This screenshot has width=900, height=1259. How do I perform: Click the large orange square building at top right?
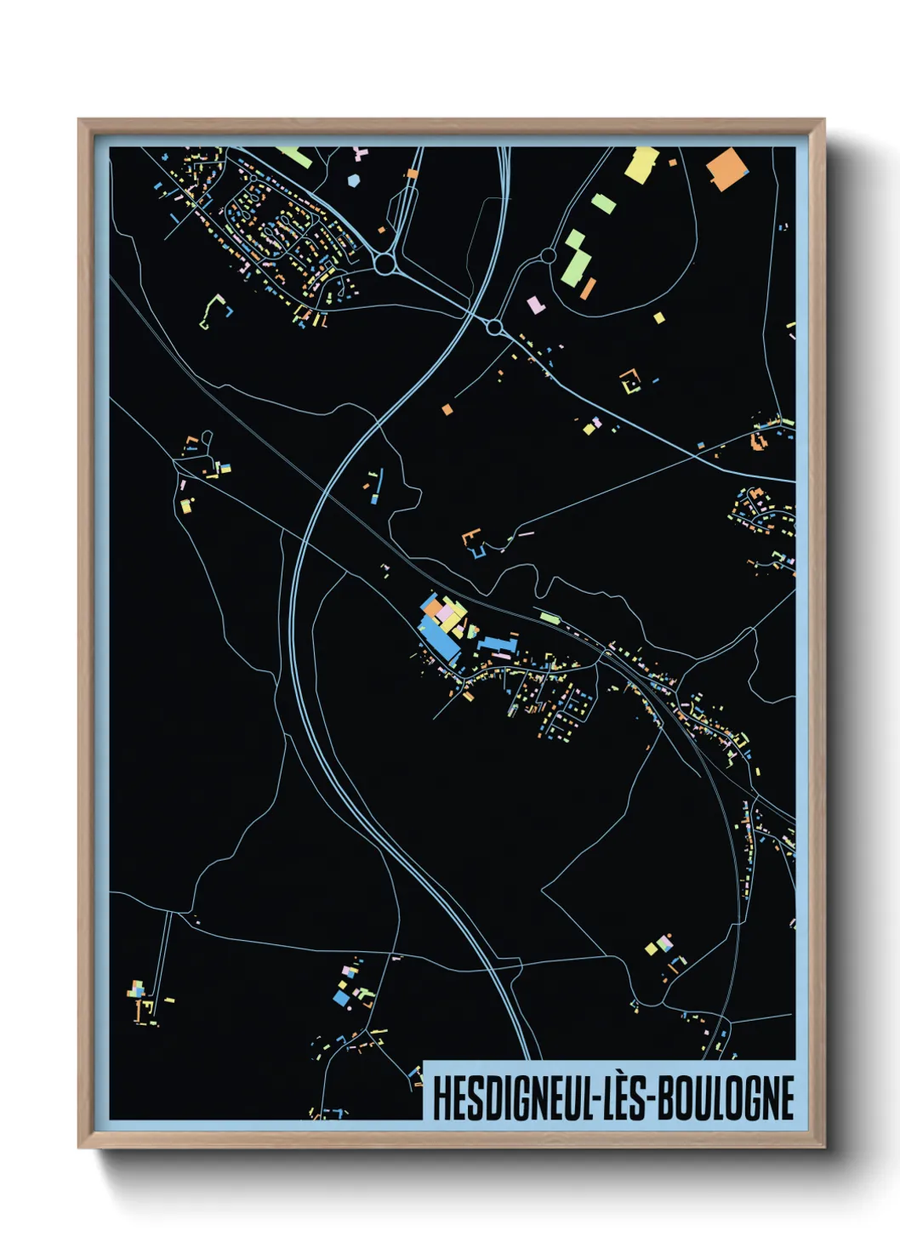(x=727, y=168)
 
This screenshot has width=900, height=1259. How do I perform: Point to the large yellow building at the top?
(x=642, y=163)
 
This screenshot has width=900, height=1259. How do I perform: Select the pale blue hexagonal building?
(x=353, y=179)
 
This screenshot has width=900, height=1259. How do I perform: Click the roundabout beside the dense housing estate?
(x=387, y=264)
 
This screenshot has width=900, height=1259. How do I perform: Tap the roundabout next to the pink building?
(x=494, y=326)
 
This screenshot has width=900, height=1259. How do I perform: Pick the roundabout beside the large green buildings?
(x=549, y=255)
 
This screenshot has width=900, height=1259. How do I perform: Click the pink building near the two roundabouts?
(x=535, y=304)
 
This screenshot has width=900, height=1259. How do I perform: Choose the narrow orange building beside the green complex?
(x=587, y=288)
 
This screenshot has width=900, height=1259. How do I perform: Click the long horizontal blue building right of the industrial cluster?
(x=497, y=644)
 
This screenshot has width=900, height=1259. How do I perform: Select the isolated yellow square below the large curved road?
(x=658, y=318)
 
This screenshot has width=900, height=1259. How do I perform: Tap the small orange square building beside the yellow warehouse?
(x=672, y=161)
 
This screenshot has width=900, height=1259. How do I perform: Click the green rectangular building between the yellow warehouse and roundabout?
(x=603, y=202)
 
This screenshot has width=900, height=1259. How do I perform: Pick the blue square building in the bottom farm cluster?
(x=341, y=998)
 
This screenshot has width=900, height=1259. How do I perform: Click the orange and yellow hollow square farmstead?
(x=630, y=381)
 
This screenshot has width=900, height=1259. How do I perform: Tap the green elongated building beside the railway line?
(x=550, y=618)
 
